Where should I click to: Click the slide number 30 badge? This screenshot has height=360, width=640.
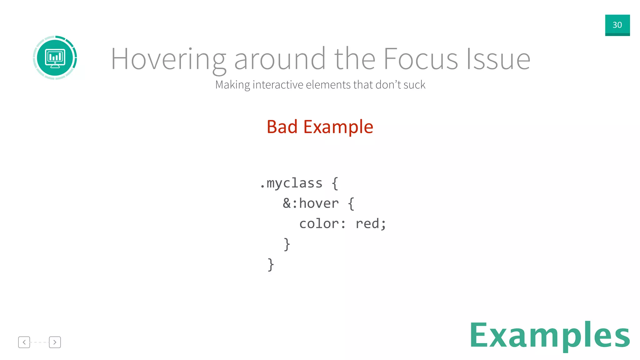pyautogui.click(x=617, y=25)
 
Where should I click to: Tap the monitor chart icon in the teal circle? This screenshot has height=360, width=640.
pyautogui.click(x=55, y=58)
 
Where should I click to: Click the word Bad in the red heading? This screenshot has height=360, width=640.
pyautogui.click(x=282, y=127)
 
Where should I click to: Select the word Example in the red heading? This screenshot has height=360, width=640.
pyautogui.click(x=338, y=127)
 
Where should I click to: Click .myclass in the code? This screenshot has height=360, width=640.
pyautogui.click(x=291, y=183)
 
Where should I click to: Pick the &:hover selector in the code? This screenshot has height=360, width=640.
pyautogui.click(x=311, y=203)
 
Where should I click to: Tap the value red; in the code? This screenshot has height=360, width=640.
pyautogui.click(x=371, y=224)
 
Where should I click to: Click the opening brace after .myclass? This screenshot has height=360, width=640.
pyautogui.click(x=335, y=183)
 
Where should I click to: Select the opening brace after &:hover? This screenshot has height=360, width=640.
pyautogui.click(x=351, y=204)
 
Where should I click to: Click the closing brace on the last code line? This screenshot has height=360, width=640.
pyautogui.click(x=271, y=265)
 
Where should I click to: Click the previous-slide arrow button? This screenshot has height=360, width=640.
pyautogui.click(x=24, y=342)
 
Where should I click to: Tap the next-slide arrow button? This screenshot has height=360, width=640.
pyautogui.click(x=55, y=342)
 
